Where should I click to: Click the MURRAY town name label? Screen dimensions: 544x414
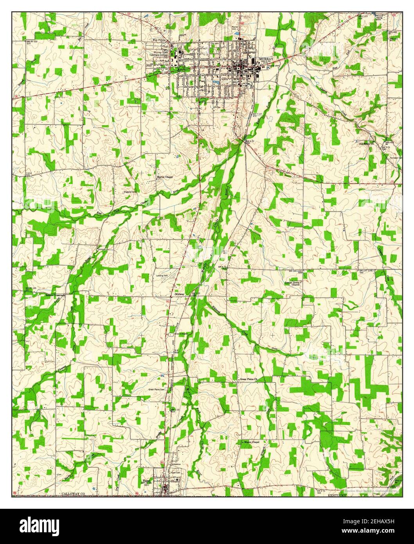coord(266,59)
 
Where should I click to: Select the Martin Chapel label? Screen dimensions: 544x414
coord(165,177)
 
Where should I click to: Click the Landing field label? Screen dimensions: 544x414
coord(161,276)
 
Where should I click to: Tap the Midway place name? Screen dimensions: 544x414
coord(180,294)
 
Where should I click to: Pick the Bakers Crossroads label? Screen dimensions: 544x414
coord(54,295)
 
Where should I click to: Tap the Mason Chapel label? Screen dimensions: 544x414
coord(251,442)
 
